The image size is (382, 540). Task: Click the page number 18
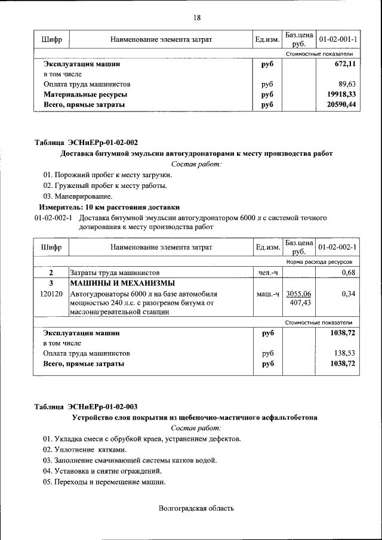pyautogui.click(x=196, y=18)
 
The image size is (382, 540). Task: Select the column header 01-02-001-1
pyautogui.click(x=338, y=39)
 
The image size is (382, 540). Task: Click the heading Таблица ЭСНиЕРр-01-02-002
pyautogui.click(x=86, y=143)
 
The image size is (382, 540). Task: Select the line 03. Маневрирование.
pyautogui.click(x=78, y=196)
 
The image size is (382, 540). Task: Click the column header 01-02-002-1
pyautogui.click(x=338, y=247)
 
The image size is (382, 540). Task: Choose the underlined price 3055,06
pyautogui.click(x=298, y=294)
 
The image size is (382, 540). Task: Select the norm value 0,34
pyautogui.click(x=349, y=294)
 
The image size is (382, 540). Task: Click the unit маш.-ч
pyautogui.click(x=267, y=294)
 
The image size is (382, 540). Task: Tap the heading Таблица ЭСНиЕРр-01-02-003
pyautogui.click(x=86, y=407)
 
